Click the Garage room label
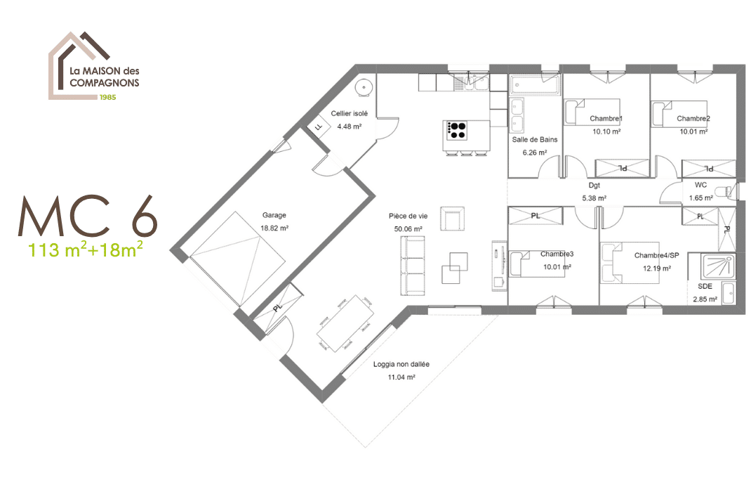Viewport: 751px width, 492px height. click(274, 215)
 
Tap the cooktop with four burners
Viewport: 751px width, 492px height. click(457, 130)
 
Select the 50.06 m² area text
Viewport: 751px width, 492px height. click(408, 229)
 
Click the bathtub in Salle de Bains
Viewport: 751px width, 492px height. click(535, 85)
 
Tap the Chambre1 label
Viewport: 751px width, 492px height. click(606, 119)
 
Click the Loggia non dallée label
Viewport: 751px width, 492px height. click(401, 364)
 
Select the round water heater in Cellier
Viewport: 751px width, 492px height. click(363, 87)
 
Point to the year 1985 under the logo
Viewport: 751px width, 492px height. click(107, 96)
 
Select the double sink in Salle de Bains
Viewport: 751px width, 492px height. click(518, 115)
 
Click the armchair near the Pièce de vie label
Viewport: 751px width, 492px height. click(452, 219)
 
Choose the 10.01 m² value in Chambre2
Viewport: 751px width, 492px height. click(693, 131)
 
